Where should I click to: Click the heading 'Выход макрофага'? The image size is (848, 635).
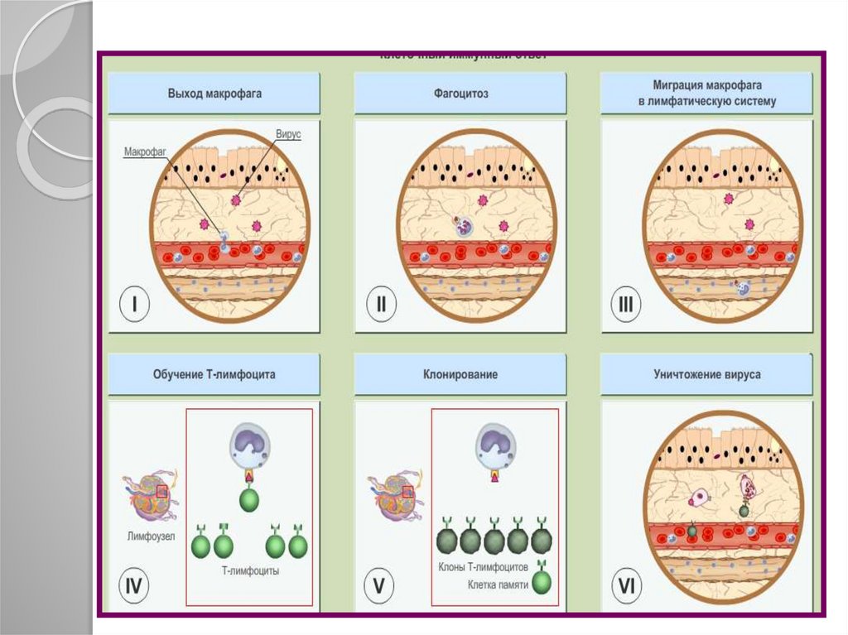point(214,94)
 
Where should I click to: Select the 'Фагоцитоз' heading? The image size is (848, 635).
point(460,94)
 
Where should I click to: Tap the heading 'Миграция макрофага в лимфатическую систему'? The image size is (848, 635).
point(706,93)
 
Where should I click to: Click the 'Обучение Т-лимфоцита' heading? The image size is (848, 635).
point(214,374)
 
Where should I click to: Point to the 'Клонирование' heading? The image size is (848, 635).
point(460,374)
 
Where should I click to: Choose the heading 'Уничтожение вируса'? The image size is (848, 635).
point(706,374)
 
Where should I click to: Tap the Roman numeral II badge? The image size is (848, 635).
point(381,305)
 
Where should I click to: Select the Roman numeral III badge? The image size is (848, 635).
point(627,305)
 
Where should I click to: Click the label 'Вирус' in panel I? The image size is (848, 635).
point(288,134)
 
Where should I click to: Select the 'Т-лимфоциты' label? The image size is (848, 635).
point(250,571)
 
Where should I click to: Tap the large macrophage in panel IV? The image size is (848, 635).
point(249,448)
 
